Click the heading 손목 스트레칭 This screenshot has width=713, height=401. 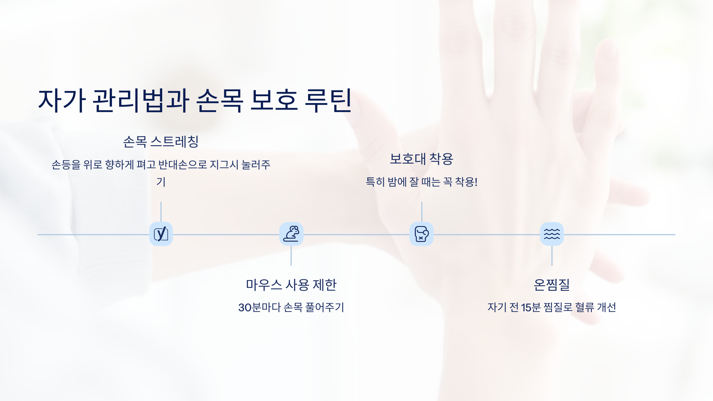pos(161,141)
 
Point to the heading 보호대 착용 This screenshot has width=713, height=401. pos(421,159)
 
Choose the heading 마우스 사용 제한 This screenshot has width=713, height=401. pos(291,285)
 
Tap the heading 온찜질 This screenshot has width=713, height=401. pos(552,285)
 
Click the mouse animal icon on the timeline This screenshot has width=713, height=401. pos(291,234)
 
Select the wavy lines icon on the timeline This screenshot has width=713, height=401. pos(552,234)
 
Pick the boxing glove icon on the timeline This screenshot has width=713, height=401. pos(421,234)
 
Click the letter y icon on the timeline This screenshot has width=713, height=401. pos(161,234)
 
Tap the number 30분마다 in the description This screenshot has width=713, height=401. pos(259,307)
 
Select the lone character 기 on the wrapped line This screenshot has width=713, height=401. pos(161,182)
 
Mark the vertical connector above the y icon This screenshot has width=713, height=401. pos(161,211)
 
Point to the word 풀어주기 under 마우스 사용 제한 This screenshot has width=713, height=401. pos(325,307)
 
